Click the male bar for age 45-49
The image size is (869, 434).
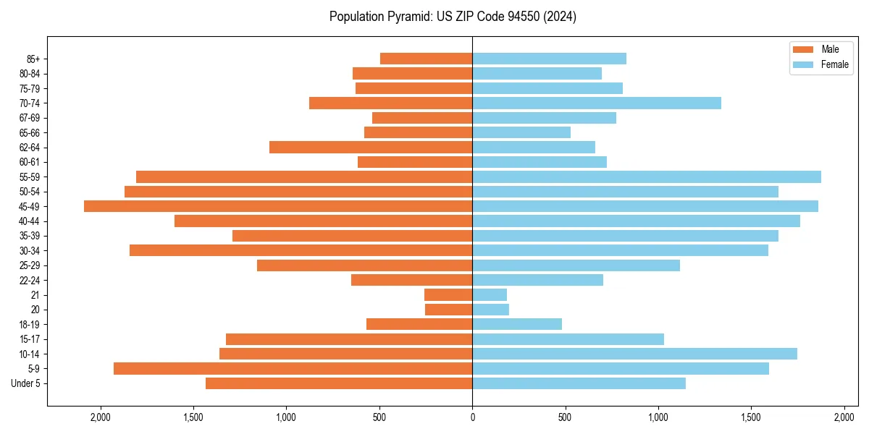tap(278, 206)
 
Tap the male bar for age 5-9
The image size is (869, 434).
tap(293, 368)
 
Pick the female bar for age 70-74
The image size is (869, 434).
tap(597, 103)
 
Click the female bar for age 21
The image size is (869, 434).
tap(490, 294)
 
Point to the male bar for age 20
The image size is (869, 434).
tap(448, 310)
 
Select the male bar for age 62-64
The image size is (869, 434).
tap(371, 147)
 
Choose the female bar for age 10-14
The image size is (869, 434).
tap(634, 354)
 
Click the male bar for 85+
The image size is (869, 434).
tap(426, 59)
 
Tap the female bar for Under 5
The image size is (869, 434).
tap(579, 383)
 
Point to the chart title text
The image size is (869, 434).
tap(453, 17)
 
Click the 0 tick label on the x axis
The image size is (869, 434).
tap(472, 417)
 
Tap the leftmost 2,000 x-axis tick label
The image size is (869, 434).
tap(100, 417)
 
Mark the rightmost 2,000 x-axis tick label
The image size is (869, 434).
tap(844, 417)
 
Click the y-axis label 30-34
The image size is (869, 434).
tap(30, 250)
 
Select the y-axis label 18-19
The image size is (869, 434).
tap(30, 324)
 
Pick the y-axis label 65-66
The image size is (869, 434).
tap(30, 132)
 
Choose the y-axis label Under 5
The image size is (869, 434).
tap(26, 383)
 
